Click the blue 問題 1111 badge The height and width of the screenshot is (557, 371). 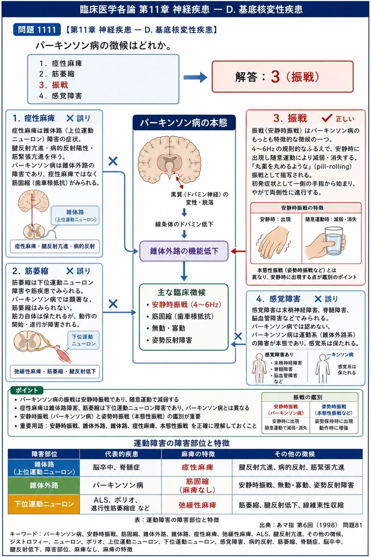click(37, 30)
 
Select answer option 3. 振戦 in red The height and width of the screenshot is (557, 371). click(53, 85)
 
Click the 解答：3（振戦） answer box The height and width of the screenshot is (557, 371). click(283, 77)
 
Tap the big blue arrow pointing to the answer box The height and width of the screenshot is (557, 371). click(195, 77)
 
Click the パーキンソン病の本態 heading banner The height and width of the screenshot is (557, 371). click(184, 123)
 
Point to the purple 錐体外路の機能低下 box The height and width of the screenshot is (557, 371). click(184, 251)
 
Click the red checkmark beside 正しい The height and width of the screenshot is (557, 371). click(327, 118)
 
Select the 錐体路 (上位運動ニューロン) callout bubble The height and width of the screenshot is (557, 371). click(75, 215)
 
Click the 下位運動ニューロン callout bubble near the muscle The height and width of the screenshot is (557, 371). click(84, 340)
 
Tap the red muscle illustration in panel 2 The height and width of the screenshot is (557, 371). click(64, 353)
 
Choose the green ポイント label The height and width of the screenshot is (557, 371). click(27, 390)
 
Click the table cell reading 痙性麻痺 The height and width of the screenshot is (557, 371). click(197, 467)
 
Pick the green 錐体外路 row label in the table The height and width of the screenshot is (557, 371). click(44, 485)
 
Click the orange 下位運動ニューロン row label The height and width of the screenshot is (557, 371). click(44, 504)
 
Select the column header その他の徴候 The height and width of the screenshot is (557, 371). click(295, 454)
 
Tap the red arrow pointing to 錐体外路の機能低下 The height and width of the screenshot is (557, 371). click(238, 251)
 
